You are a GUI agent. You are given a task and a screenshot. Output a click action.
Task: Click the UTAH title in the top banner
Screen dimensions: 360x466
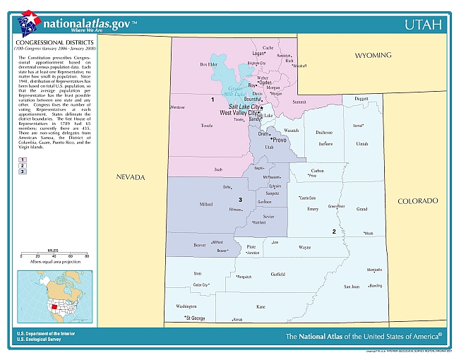coord(424,25)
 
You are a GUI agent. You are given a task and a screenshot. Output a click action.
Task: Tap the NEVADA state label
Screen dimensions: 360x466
coord(131,176)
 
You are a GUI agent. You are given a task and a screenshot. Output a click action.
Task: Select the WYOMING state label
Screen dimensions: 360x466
coord(373,54)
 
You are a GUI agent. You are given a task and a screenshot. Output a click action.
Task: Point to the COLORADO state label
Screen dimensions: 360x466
coord(417,201)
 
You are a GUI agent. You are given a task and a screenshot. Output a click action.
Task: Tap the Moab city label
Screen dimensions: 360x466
coord(368,234)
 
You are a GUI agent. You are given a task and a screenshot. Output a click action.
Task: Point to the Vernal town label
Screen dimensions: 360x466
coord(358,125)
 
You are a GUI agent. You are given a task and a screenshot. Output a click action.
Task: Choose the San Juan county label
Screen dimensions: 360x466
coord(351,287)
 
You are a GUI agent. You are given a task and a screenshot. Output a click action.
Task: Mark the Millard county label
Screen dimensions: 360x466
coord(206,204)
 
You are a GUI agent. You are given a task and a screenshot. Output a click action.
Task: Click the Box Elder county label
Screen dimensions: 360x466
coord(208,64)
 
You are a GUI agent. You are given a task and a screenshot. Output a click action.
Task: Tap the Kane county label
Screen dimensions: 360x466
coord(261,307)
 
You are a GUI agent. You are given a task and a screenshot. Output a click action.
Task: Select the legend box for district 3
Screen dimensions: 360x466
coord(23,172)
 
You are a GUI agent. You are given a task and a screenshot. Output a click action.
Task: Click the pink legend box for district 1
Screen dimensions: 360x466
coord(23,160)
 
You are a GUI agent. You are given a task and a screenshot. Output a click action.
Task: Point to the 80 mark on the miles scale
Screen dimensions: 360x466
coord(87,256)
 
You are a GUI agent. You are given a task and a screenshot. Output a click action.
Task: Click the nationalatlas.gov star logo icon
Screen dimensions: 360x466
coord(29,23)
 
